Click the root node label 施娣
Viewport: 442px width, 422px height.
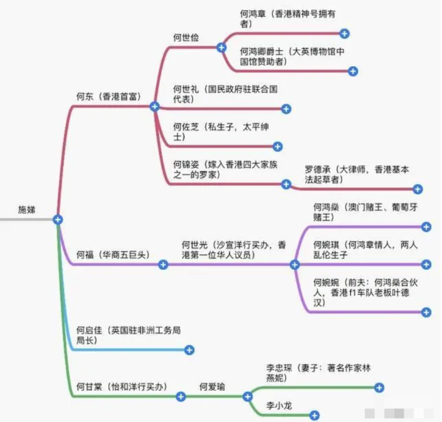pyautogui.click(x=29, y=209)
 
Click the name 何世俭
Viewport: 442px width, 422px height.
pyautogui.click(x=186, y=38)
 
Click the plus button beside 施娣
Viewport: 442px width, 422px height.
pyautogui.click(x=58, y=219)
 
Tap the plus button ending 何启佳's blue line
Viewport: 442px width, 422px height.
pyautogui.click(x=189, y=349)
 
